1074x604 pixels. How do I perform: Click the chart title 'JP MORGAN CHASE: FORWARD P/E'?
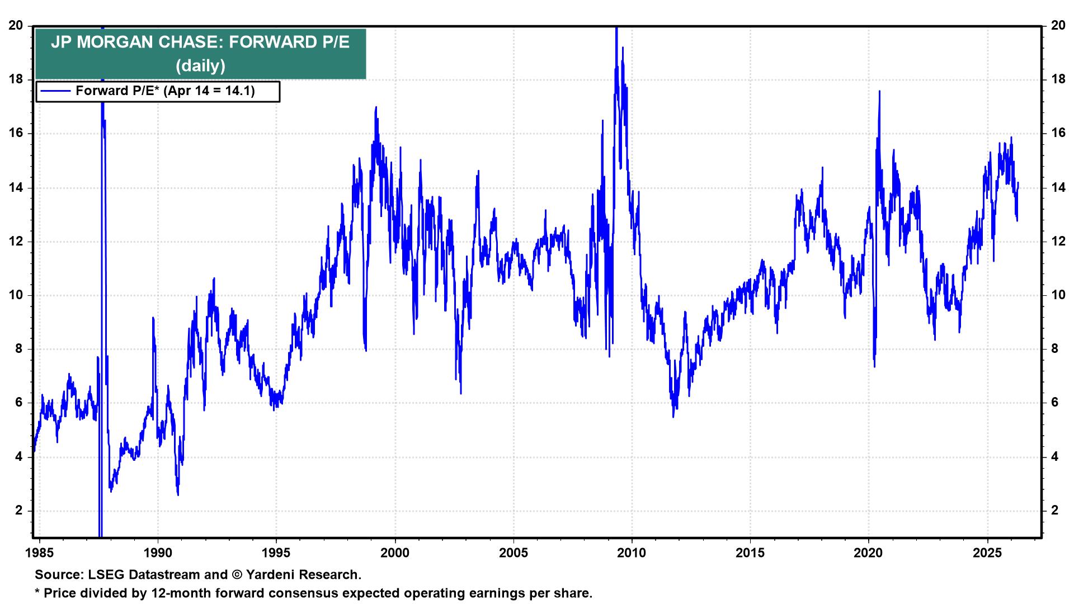[200, 43]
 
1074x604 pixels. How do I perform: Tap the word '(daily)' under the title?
[200, 66]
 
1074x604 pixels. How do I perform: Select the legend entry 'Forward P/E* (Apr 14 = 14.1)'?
[165, 91]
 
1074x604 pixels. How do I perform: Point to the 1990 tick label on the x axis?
[158, 553]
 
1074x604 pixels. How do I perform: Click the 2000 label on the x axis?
[395, 553]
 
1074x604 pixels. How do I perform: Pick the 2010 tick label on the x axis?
[632, 553]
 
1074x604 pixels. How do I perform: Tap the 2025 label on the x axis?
[987, 553]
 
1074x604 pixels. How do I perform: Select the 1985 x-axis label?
[40, 553]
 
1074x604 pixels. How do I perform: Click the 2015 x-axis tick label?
[750, 553]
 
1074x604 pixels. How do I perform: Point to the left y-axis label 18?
[16, 80]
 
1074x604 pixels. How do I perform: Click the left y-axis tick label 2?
[19, 511]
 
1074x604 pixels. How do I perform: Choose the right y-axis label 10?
[1058, 295]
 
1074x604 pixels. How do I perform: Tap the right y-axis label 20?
[1058, 26]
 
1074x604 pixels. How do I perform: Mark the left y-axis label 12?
[16, 242]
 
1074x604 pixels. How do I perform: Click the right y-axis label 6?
[1055, 403]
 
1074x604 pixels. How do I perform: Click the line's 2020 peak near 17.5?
[879, 92]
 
